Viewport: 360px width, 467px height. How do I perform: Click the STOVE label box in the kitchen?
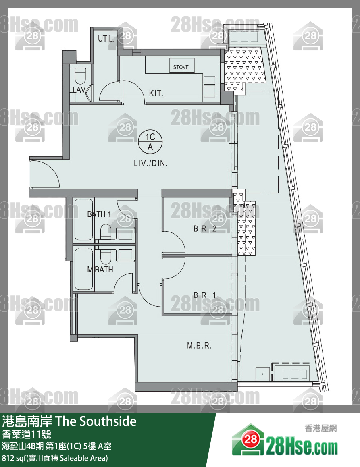(182, 66)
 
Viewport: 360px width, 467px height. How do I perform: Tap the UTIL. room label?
(106, 39)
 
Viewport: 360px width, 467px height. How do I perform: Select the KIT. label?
(156, 93)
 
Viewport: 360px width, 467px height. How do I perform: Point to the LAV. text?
(79, 89)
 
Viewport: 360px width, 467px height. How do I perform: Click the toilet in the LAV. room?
(80, 76)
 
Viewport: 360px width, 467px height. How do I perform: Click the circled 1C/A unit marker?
(150, 141)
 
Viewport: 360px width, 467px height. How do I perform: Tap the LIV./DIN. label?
(151, 163)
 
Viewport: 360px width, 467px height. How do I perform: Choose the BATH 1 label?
(99, 214)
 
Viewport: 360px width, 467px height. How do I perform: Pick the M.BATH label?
(100, 270)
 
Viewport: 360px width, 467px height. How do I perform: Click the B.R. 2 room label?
(205, 229)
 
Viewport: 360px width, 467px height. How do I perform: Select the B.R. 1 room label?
(204, 295)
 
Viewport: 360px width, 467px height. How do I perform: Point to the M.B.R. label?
(200, 346)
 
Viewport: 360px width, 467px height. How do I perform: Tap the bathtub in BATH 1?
(84, 219)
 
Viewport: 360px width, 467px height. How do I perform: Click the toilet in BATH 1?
(106, 232)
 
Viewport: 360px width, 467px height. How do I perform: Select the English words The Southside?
(96, 421)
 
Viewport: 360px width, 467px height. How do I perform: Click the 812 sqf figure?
(14, 458)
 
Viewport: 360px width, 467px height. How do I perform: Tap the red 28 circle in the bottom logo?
(251, 439)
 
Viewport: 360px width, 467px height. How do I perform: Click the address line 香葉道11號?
(27, 434)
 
